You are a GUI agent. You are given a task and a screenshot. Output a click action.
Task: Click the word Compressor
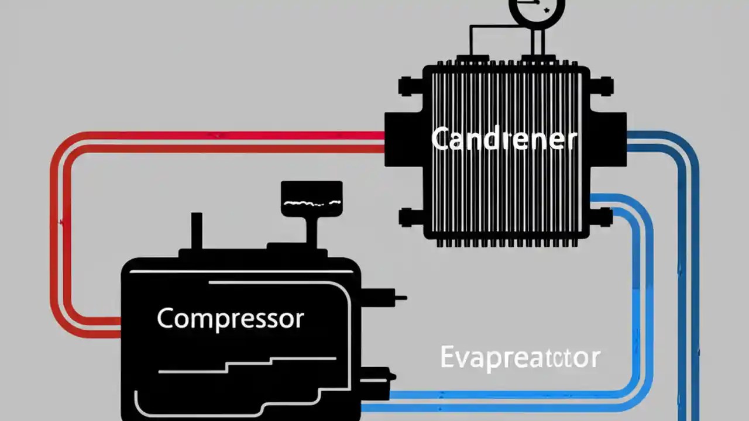(x=230, y=319)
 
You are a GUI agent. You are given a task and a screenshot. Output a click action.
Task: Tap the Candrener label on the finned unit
(x=504, y=140)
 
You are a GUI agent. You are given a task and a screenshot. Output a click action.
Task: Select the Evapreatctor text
(x=520, y=357)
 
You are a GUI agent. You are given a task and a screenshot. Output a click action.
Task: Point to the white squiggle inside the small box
(x=311, y=203)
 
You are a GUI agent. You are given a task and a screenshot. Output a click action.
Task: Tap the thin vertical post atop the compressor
(x=196, y=231)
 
